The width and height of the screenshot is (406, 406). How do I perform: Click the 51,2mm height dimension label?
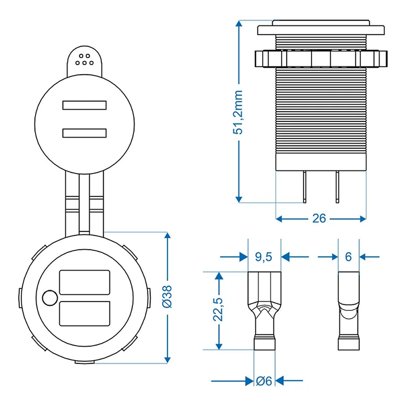point(240,112)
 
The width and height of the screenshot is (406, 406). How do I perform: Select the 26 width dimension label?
point(319,218)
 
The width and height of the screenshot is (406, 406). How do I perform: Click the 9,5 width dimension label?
point(264,257)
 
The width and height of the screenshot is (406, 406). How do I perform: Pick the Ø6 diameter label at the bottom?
point(264,381)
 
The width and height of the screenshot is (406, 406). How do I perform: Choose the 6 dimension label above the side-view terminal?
point(348,257)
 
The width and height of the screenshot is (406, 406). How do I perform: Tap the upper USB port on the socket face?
point(84,282)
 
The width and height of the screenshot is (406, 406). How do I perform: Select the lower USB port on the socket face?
point(84,313)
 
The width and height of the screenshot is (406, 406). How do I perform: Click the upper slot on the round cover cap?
point(84,105)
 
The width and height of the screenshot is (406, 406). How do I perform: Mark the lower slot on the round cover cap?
point(84,133)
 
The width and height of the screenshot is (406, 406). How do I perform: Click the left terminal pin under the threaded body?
point(304,187)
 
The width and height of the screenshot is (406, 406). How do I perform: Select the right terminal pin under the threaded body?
point(337,187)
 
